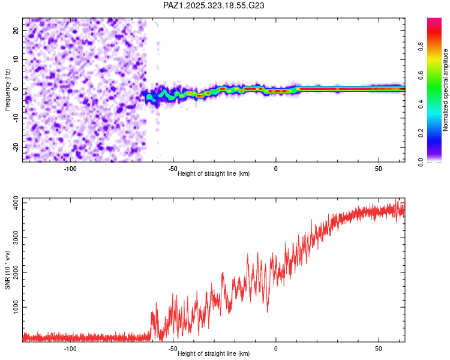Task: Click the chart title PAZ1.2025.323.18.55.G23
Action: pos(214,6)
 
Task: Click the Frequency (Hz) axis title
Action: pos(8,90)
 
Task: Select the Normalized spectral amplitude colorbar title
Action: pos(446,90)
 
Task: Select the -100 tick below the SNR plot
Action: pos(70,349)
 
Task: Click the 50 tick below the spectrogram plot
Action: pos(378,169)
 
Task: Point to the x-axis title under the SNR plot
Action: pos(214,354)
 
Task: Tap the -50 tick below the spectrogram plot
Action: pos(173,169)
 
